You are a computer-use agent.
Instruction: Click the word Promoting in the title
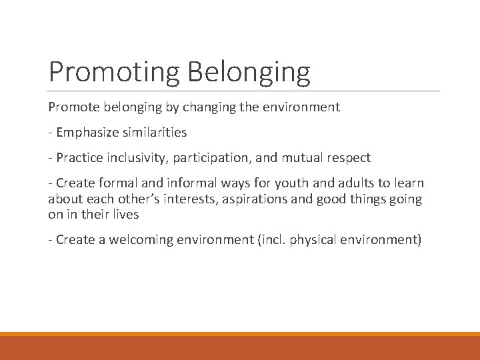(115, 71)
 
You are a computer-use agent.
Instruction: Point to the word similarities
(155, 132)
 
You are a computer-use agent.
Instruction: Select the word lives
(125, 215)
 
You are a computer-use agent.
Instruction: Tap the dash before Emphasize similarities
(51, 133)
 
